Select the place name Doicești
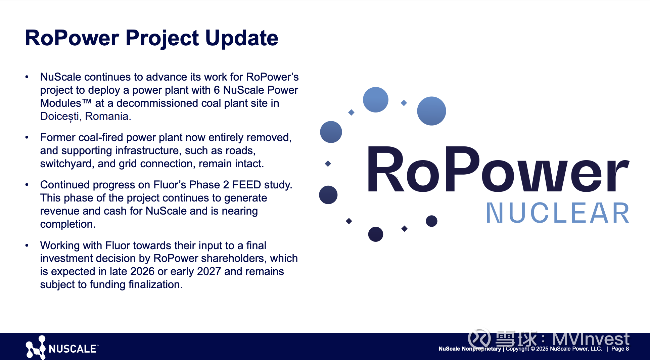click(59, 117)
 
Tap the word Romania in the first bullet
click(108, 116)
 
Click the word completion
click(68, 224)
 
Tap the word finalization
click(155, 284)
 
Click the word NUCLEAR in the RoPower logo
click(558, 213)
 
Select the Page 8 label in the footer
click(620, 349)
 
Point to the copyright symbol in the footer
click(532, 349)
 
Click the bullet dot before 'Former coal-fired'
click(27, 137)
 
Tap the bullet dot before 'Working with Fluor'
click(27, 245)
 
